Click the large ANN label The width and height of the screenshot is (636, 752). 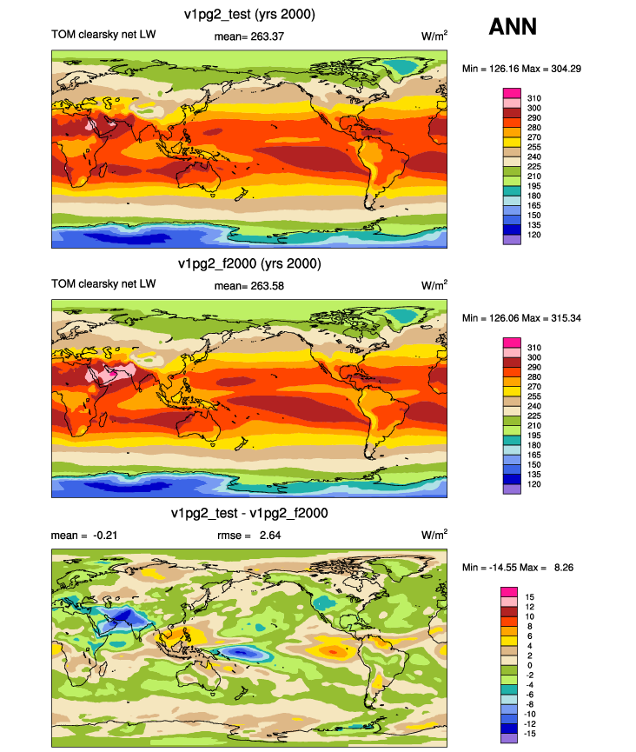click(x=513, y=26)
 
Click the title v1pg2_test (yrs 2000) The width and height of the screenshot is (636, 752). click(x=249, y=15)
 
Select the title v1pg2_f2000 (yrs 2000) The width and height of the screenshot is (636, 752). click(x=249, y=263)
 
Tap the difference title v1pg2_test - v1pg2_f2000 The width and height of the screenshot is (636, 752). click(x=249, y=513)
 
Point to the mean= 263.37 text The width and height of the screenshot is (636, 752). click(x=248, y=37)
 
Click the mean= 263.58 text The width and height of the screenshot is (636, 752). click(x=248, y=286)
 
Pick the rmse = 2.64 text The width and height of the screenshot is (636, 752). click(x=248, y=536)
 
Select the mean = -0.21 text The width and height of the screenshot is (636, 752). click(x=84, y=536)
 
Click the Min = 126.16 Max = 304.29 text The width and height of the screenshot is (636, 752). click(x=521, y=69)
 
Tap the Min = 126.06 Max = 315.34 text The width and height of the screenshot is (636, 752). click(x=521, y=318)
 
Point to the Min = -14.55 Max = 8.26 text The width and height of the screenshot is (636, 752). click(x=518, y=568)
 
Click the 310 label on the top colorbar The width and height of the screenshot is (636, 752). click(x=534, y=98)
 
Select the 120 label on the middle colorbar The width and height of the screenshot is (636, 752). click(x=534, y=484)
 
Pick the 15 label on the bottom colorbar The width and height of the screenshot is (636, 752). click(x=530, y=597)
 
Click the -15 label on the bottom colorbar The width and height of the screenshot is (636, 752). click(x=530, y=734)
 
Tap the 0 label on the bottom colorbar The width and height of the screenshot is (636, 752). click(x=530, y=666)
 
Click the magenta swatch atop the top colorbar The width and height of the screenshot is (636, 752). click(x=512, y=93)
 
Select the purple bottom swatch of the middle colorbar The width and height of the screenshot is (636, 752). click(x=512, y=489)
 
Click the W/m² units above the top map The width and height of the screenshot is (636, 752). click(x=434, y=36)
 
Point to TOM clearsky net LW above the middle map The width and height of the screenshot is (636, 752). click(x=103, y=284)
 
